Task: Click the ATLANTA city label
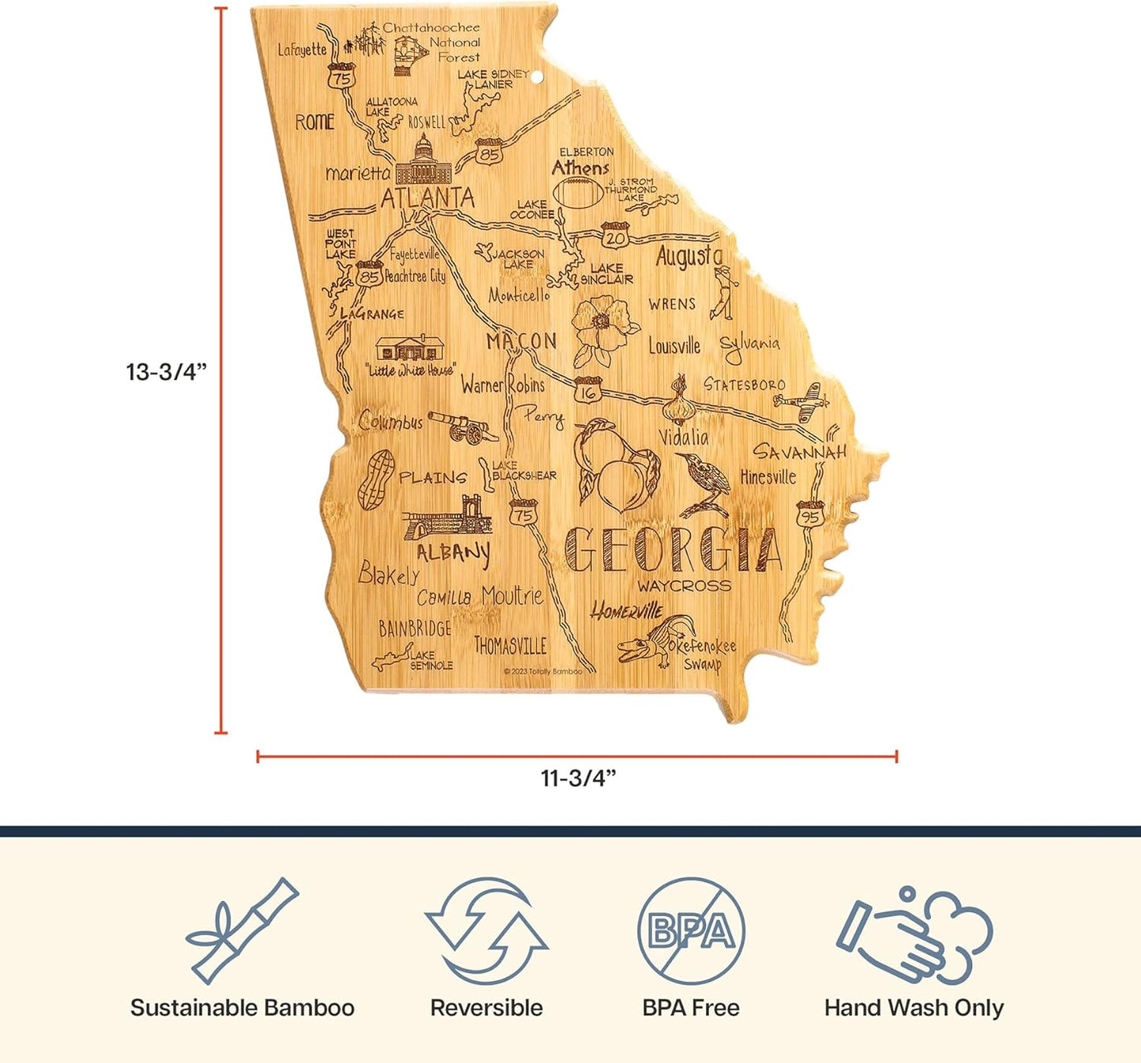pyautogui.click(x=427, y=197)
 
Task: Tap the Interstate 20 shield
pyautogui.click(x=614, y=235)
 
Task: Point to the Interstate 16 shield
pyautogui.click(x=587, y=390)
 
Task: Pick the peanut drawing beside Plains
pyautogui.click(x=376, y=478)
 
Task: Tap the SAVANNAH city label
pyautogui.click(x=799, y=452)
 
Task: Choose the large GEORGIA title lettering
pyautogui.click(x=674, y=549)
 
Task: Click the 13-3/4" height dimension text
pyautogui.click(x=167, y=372)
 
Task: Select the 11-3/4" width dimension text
pyautogui.click(x=578, y=779)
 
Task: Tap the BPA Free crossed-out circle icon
pyautogui.click(x=691, y=930)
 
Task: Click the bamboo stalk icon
pyautogui.click(x=242, y=931)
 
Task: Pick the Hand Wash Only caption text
pyautogui.click(x=914, y=1009)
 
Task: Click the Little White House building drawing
pyautogui.click(x=409, y=348)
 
